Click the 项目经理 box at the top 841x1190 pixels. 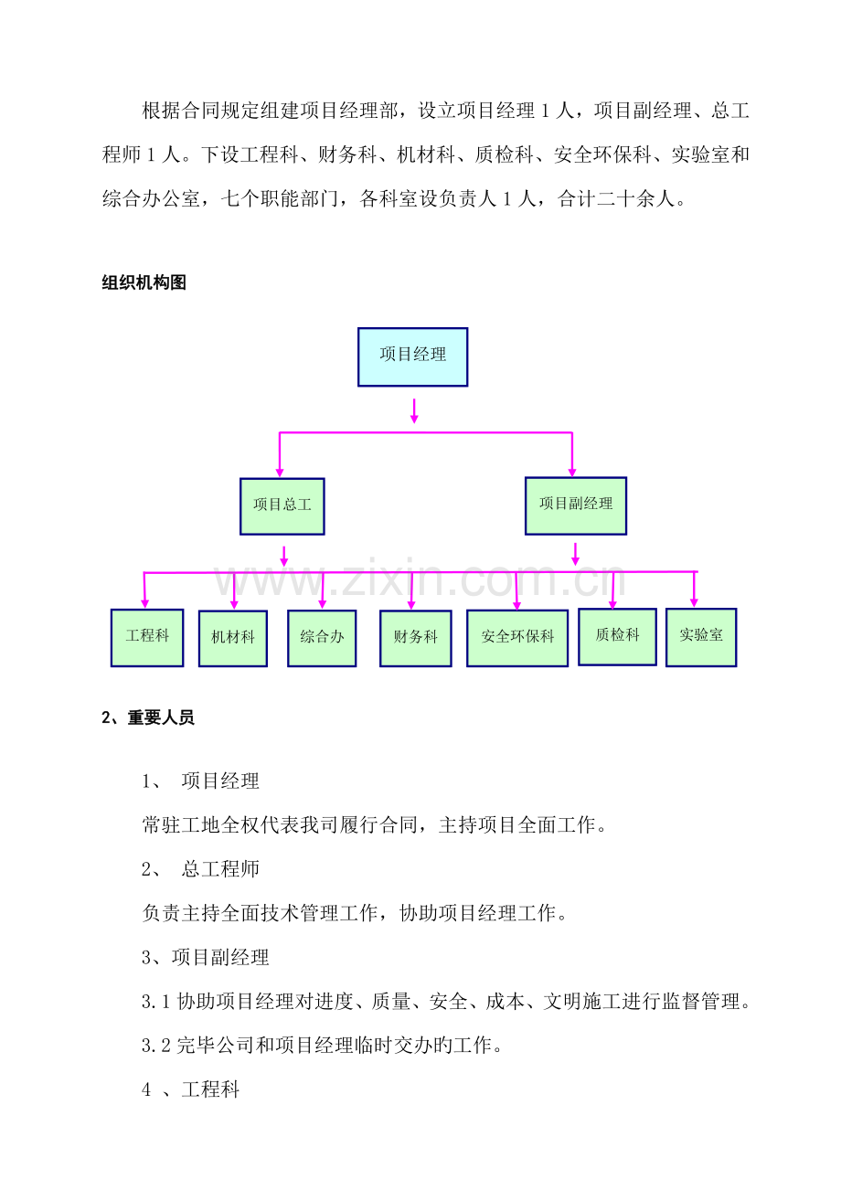pyautogui.click(x=413, y=357)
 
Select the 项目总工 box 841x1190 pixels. pyautogui.click(x=282, y=506)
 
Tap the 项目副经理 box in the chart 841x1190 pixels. pyautogui.click(x=576, y=505)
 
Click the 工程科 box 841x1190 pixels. pyautogui.click(x=147, y=638)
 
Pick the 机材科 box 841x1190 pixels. pyautogui.click(x=233, y=639)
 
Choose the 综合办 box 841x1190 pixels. pyautogui.click(x=322, y=638)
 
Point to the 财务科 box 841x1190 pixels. pyautogui.click(x=416, y=639)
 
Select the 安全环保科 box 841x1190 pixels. pyautogui.click(x=517, y=638)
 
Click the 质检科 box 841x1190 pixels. pyautogui.click(x=617, y=637)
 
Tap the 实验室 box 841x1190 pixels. pyautogui.click(x=701, y=638)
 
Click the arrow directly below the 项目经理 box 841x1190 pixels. pyautogui.click(x=414, y=410)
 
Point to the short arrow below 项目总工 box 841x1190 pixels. pyautogui.click(x=284, y=556)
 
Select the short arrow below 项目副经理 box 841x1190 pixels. pyautogui.click(x=575, y=554)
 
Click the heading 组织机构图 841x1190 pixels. pyautogui.click(x=144, y=282)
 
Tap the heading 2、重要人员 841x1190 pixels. pyautogui.click(x=148, y=717)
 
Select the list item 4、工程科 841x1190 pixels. pyautogui.click(x=191, y=1090)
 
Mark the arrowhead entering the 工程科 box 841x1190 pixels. pyautogui.click(x=144, y=604)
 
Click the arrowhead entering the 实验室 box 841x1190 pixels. pyautogui.click(x=694, y=603)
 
